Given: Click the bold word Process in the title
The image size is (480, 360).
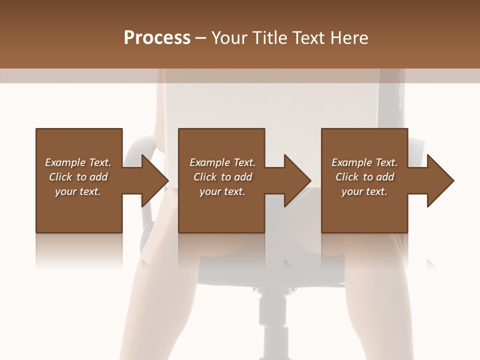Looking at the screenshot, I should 157,38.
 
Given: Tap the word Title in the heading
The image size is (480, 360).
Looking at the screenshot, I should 270,38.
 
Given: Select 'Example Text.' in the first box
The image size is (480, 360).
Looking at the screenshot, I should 78,162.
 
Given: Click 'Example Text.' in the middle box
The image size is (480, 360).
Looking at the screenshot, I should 222,162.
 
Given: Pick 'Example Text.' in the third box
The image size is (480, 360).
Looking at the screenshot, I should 364,162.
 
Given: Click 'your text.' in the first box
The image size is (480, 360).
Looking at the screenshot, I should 78,191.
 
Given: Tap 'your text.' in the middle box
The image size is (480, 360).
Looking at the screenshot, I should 222,191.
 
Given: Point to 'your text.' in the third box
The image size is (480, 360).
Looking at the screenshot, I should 364,191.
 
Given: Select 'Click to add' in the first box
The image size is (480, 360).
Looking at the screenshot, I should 78,177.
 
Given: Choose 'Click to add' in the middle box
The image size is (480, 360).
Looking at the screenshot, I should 222,177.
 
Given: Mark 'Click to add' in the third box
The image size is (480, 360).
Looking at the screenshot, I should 364,177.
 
